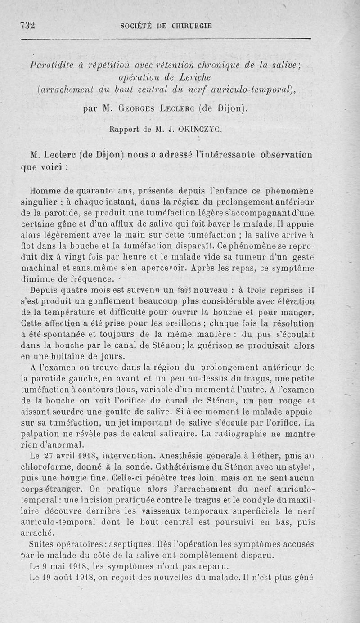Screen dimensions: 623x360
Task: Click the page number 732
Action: [28, 26]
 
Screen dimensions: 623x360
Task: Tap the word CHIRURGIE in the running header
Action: [191, 26]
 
